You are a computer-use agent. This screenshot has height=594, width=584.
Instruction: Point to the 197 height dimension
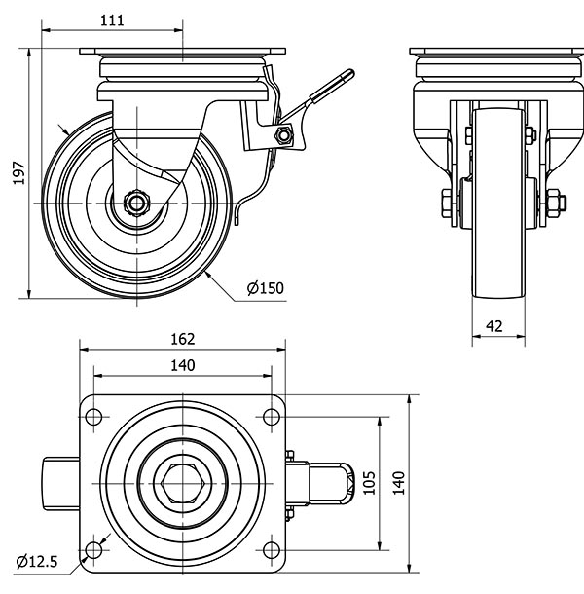[x=15, y=173]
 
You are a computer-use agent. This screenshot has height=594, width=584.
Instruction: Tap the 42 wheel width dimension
[x=495, y=326]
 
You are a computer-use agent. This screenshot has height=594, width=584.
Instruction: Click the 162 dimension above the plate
[x=183, y=339]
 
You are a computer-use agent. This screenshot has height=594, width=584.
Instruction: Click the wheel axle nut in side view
[x=135, y=204]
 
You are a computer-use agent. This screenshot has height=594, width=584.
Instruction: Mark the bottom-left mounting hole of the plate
[x=94, y=551]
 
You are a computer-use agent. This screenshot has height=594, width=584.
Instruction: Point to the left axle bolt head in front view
[x=443, y=204]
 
